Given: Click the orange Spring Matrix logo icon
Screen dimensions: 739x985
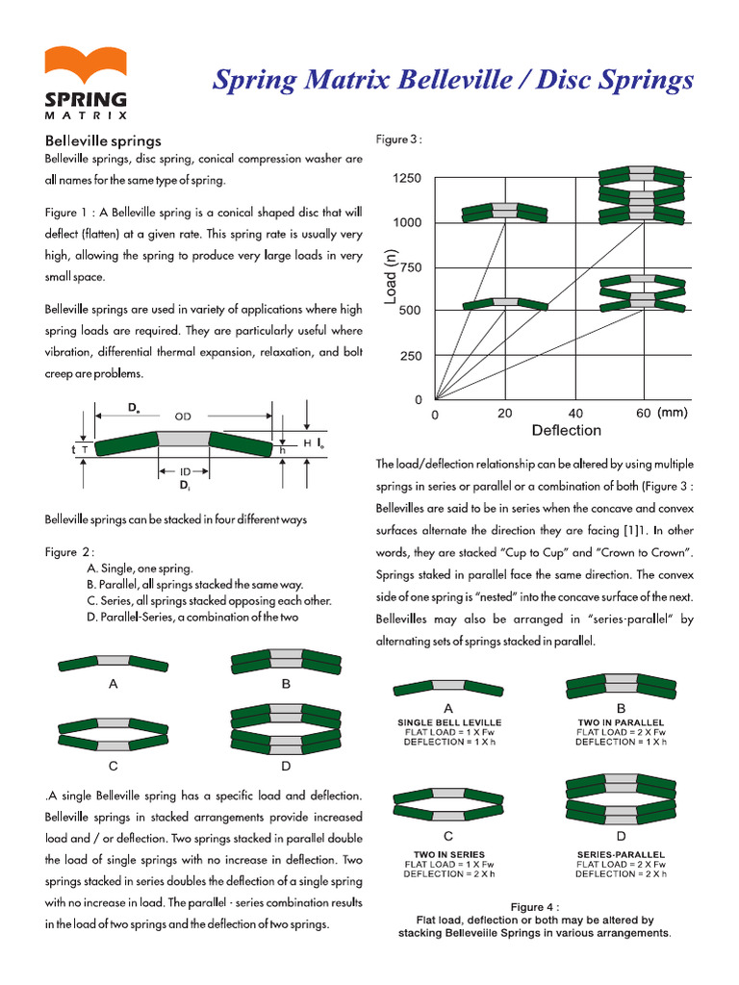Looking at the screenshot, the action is (86, 64).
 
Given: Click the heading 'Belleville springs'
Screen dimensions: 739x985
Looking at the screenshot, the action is (103, 140).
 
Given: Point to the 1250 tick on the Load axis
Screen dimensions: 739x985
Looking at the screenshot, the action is (407, 178).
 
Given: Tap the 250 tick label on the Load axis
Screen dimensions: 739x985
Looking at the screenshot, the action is (411, 356).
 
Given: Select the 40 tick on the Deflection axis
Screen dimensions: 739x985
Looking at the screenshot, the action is (575, 414).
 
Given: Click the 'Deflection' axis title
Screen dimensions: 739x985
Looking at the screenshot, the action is (566, 430).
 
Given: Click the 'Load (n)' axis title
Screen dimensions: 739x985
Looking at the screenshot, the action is (391, 276).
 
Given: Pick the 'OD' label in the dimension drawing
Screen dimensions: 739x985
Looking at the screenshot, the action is (183, 417).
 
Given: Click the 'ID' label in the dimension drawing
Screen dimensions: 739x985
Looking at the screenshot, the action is (185, 471).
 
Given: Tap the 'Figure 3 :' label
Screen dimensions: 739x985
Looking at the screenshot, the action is (399, 139).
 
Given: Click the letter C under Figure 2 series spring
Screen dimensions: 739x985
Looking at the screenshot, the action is (114, 766).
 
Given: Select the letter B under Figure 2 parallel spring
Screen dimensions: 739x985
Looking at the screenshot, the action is (286, 684).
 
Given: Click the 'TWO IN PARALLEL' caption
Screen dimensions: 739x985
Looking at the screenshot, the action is (621, 722).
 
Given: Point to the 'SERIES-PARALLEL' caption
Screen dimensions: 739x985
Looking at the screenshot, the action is (621, 854).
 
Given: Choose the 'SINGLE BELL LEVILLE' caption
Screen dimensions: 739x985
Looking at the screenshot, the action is (449, 722).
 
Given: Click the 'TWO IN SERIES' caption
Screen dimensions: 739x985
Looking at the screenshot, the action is (449, 854).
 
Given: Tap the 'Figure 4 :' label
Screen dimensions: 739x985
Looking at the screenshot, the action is (535, 907).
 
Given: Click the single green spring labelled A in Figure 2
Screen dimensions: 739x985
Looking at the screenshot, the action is (114, 663).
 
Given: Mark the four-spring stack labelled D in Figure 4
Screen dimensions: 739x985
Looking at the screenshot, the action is (621, 799).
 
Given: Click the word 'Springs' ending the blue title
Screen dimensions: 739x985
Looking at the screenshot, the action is (646, 81).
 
